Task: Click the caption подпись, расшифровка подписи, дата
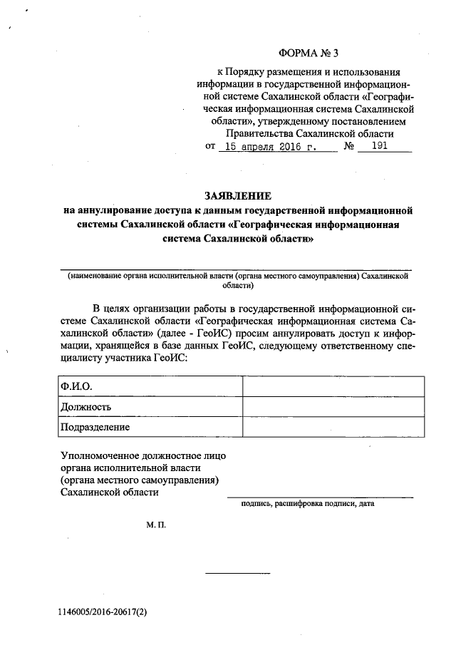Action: (x=308, y=503)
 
